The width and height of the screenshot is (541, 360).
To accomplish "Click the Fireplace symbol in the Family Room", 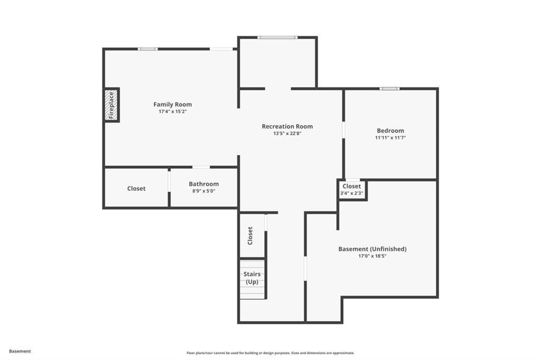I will (x=111, y=105).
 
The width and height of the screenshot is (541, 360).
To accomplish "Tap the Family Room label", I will (x=173, y=105).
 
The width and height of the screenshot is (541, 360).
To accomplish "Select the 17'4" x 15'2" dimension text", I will (x=173, y=111).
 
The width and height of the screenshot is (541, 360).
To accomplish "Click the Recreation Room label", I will (x=287, y=126).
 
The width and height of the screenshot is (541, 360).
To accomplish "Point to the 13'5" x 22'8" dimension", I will (x=287, y=134).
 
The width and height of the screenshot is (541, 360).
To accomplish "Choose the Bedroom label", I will (x=390, y=131).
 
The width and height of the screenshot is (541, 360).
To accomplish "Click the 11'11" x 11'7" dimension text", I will (x=390, y=138).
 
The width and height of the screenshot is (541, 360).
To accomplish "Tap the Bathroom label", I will (x=204, y=184).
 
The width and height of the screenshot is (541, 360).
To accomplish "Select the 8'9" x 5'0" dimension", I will (x=204, y=191).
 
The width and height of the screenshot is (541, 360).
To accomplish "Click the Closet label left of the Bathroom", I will (x=136, y=188).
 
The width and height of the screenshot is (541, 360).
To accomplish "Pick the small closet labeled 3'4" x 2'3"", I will (x=352, y=190).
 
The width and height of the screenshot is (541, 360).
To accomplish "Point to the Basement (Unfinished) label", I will (x=372, y=249).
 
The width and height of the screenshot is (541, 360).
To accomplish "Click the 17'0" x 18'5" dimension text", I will (x=372, y=256).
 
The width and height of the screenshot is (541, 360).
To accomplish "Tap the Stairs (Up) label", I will (x=252, y=278).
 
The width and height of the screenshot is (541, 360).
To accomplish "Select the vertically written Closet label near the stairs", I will (x=250, y=235).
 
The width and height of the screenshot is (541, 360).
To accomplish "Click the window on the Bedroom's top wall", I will (x=389, y=89).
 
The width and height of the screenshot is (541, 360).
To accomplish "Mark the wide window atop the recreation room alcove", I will (x=277, y=37).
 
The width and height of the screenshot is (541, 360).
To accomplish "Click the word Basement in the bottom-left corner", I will (x=20, y=351).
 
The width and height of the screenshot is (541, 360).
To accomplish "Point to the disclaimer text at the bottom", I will (x=270, y=353).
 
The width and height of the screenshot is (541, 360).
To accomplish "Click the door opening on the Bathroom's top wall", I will (x=201, y=167).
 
